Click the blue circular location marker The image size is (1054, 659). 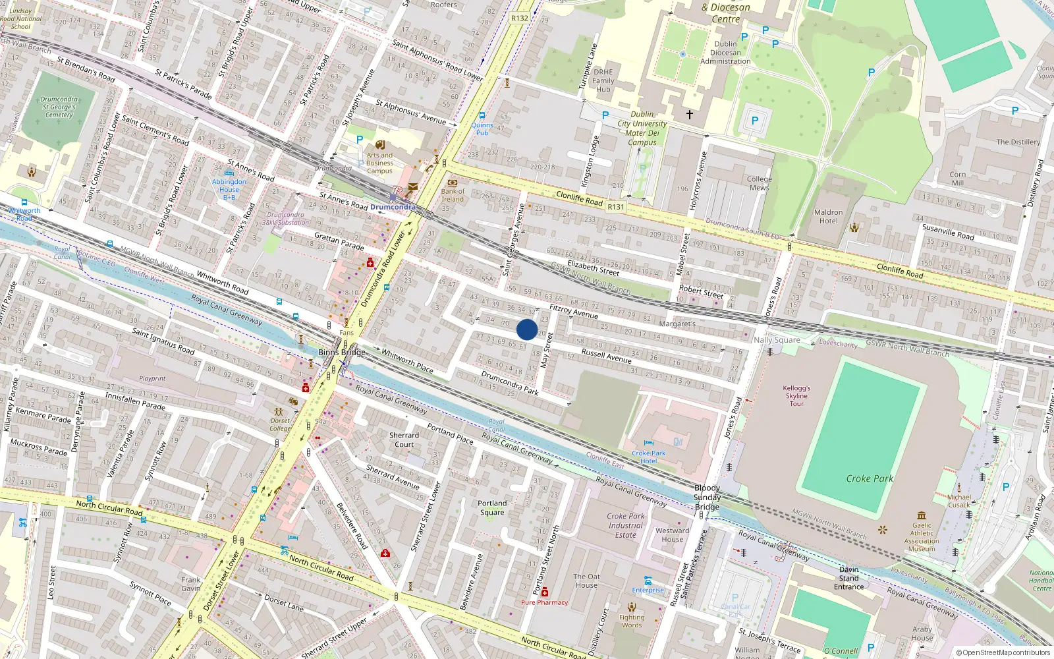pyautogui.click(x=527, y=329)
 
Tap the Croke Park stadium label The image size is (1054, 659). pyautogui.click(x=870, y=478)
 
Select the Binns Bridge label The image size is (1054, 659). pyautogui.click(x=341, y=353)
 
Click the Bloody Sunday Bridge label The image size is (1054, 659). pyautogui.click(x=707, y=498)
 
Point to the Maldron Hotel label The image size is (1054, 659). pyautogui.click(x=828, y=217)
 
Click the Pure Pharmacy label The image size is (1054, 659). pyautogui.click(x=544, y=602)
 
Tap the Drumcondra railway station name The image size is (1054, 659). pyautogui.click(x=393, y=207)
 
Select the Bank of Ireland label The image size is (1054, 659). pyautogui.click(x=453, y=195)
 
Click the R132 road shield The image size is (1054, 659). pyautogui.click(x=520, y=18)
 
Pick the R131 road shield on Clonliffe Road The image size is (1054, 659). pyautogui.click(x=615, y=207)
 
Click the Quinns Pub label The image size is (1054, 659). pyautogui.click(x=482, y=129)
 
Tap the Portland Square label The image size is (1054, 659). pyautogui.click(x=492, y=507)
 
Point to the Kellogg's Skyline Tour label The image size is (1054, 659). pyautogui.click(x=796, y=396)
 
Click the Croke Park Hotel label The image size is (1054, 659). pyautogui.click(x=648, y=457)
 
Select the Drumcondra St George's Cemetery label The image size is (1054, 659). pyautogui.click(x=59, y=107)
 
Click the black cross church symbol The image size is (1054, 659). pyautogui.click(x=689, y=115)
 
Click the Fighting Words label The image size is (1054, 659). pyautogui.click(x=631, y=621)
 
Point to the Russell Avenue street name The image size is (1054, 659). pyautogui.click(x=606, y=356)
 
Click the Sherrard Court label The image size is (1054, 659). pyautogui.click(x=404, y=440)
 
